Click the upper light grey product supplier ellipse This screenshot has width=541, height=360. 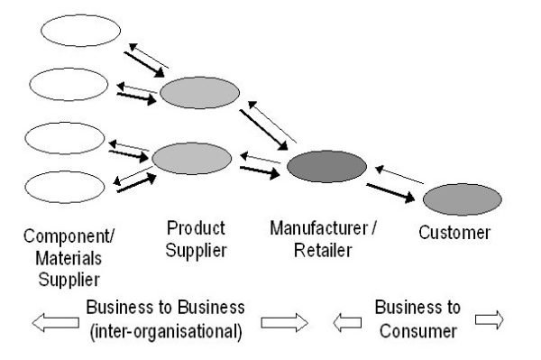point(200,92)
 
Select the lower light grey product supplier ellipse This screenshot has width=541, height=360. point(192,158)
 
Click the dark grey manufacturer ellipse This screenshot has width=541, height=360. point(326,167)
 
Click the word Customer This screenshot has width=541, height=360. point(454,234)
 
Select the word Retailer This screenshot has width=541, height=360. point(323,249)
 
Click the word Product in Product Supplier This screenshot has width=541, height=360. point(197,227)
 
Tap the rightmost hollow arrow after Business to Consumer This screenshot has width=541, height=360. point(488,318)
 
